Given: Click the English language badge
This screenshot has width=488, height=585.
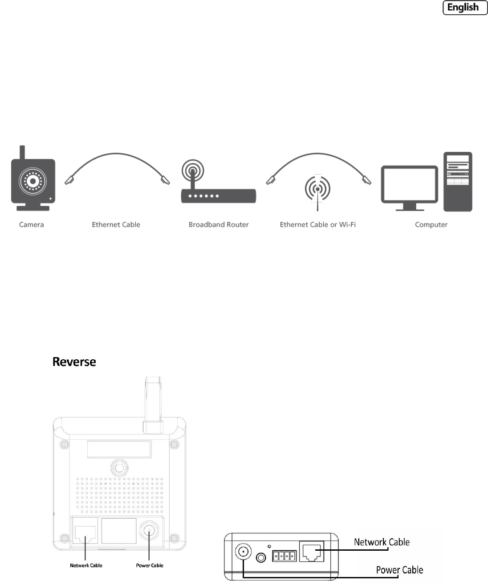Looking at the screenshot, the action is point(465,8).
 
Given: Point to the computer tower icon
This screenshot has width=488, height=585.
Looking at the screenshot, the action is point(457,182).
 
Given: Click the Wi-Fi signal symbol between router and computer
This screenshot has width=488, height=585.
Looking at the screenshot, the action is point(317,189).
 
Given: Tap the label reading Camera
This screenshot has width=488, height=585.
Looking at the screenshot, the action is point(32,224).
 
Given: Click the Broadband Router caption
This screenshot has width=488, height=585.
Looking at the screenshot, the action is point(218,224).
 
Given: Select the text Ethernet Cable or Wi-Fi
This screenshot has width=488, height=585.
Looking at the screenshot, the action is point(317,224).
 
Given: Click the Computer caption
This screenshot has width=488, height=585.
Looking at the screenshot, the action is point(431,224).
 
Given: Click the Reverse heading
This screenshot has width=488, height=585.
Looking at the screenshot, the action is point(74,362).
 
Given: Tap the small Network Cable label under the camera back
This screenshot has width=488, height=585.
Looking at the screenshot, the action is point(86,565).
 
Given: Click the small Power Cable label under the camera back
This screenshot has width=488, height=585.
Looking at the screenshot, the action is point(150,565).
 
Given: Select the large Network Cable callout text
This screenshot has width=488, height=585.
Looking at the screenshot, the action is point(382,542).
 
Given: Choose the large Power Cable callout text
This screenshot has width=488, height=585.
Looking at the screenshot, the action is point(399,570).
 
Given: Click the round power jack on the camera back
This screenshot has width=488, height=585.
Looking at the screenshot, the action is point(149,531).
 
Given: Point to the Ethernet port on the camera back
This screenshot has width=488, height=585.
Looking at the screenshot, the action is point(85,532).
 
